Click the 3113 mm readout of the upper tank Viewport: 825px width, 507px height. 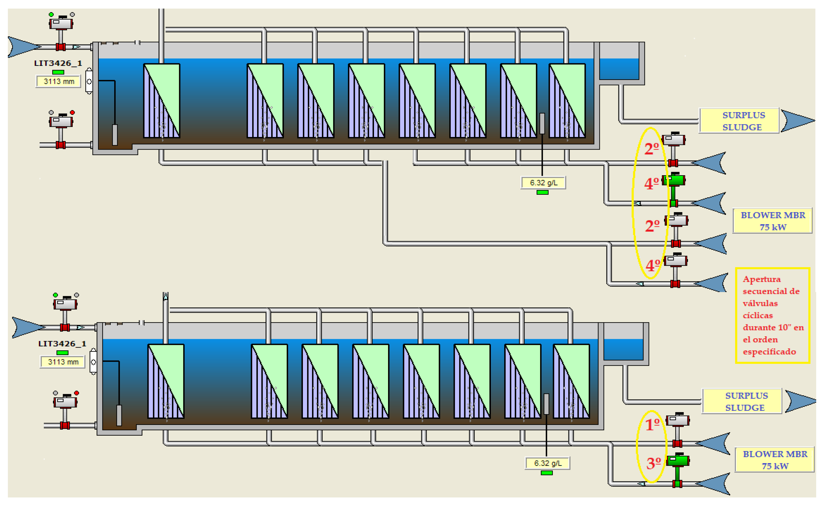59,81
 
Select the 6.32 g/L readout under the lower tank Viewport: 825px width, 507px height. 547,463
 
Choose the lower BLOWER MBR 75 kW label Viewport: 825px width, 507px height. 775,460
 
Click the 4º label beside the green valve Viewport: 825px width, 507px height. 651,183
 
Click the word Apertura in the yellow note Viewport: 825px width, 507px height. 761,279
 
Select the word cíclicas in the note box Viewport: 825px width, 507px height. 758,315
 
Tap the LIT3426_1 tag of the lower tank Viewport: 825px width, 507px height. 62,344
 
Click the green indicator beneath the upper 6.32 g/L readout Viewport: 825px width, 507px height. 542,192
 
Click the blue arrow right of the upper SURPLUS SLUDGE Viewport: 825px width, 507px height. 797,120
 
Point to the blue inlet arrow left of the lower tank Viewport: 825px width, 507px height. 27,327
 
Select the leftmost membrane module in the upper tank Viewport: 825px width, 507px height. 162,100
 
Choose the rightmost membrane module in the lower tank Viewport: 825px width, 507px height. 571,381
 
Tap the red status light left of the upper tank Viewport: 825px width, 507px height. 72,113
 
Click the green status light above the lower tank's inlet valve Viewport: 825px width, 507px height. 55,295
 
